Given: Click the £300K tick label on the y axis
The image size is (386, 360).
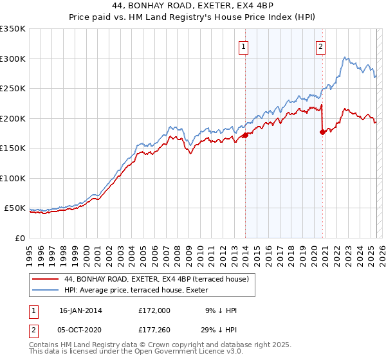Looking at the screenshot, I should (13, 59).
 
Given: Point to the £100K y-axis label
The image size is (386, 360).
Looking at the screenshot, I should (13, 178).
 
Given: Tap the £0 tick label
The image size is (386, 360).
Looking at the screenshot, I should (20, 238).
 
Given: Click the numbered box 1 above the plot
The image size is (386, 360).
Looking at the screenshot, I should (244, 46).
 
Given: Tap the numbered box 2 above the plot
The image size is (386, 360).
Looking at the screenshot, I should (320, 46).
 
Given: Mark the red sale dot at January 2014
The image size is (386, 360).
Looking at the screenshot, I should (245, 136).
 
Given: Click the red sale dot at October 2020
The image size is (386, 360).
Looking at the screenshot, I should (322, 132).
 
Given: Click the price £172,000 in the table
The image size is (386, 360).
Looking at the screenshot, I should (154, 310).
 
